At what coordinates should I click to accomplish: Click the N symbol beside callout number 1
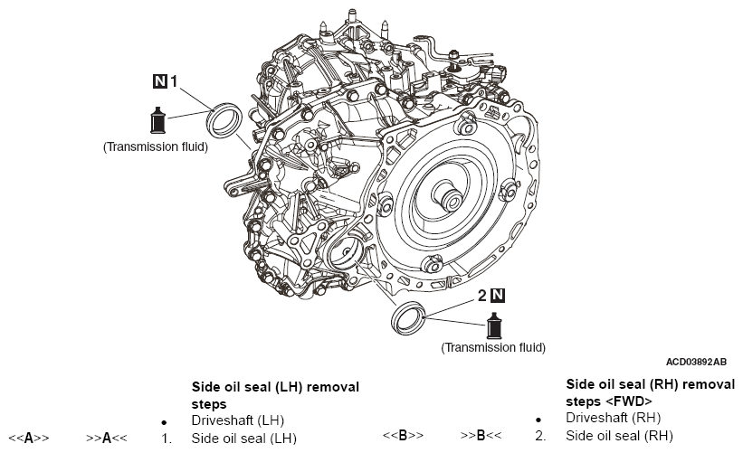click(159, 81)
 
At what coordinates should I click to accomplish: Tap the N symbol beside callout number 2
click(497, 296)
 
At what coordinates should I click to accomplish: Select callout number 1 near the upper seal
click(174, 81)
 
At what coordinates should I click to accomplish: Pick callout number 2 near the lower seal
click(481, 296)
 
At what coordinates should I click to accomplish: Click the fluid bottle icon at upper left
click(157, 120)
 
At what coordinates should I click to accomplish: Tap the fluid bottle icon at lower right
click(494, 326)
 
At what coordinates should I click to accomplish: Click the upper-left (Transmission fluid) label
click(156, 146)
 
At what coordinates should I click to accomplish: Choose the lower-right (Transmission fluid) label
click(493, 347)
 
